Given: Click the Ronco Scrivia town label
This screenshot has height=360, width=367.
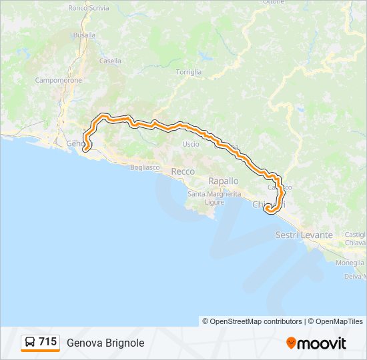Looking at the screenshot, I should coord(87,8).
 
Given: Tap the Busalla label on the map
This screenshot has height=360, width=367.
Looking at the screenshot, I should coord(84,35).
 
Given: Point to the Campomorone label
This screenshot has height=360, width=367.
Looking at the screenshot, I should coord(59,80).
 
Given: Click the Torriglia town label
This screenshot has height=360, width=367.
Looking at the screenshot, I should coord(188,71).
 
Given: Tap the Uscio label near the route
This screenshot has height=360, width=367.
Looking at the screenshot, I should coord(191,143).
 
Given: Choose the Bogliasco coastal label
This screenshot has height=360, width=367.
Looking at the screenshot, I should coord(145,167).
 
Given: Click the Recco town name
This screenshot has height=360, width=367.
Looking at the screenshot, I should coord(183,171).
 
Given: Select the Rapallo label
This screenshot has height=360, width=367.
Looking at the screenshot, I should coord(223,181).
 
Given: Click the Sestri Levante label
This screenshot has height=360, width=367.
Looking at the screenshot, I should coord(304,235).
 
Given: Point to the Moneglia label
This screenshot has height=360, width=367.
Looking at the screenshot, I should coord(350,263).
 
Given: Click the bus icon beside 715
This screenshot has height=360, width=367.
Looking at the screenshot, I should coord(30,342).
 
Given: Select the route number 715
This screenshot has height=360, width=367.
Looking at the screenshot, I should coord(47,342).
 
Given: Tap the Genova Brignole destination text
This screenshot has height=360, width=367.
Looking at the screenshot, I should coord(105,343).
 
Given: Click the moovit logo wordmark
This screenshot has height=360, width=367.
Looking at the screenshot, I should coord(322,343).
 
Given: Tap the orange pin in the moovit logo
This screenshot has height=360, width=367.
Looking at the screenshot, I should coord(291,343).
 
